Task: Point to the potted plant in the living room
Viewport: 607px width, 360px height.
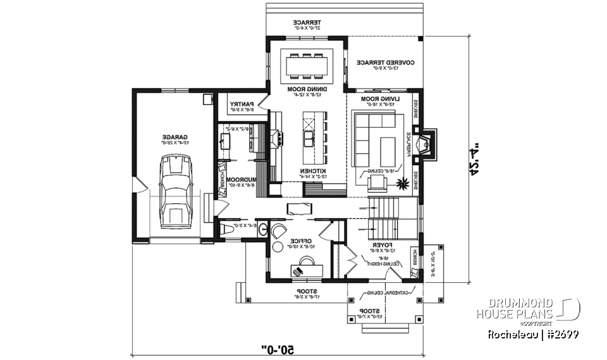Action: tap(400, 184)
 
